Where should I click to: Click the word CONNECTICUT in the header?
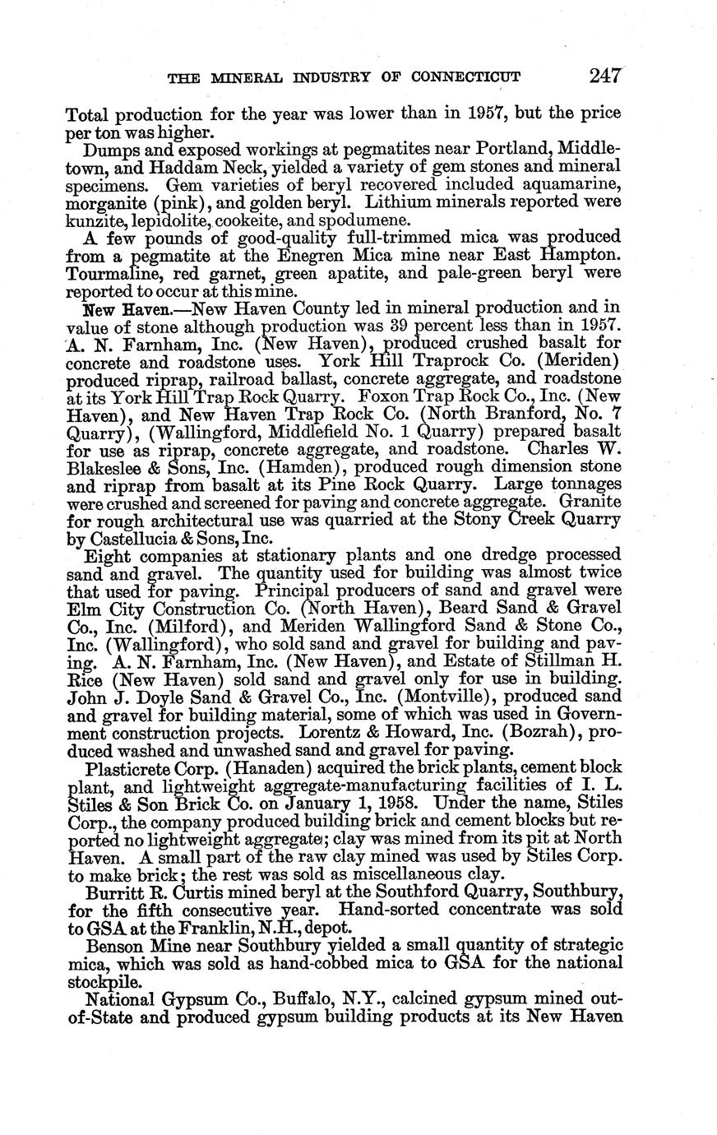tap(465, 78)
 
